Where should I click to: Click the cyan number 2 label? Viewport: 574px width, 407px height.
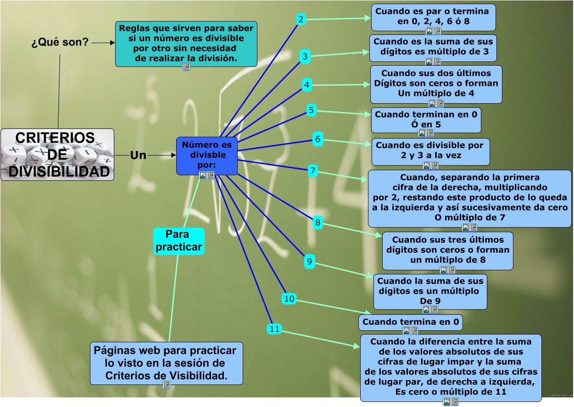[301, 19]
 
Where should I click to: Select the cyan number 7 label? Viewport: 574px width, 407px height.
[312, 171]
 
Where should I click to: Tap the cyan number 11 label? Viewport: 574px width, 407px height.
[274, 329]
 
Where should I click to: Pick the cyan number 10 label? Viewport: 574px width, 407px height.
[289, 299]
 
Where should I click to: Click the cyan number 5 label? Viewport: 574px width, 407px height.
[312, 110]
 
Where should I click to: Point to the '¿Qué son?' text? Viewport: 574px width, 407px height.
[60, 43]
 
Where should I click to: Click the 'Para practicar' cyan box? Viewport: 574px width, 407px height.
[178, 241]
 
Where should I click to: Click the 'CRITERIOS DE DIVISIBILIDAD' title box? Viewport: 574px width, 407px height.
[57, 155]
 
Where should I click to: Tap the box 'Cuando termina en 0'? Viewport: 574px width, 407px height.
[410, 322]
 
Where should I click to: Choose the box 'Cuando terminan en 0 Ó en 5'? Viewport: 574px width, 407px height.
[426, 119]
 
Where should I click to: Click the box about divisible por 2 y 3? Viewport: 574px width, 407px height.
[430, 151]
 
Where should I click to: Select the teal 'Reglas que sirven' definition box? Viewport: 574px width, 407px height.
[186, 43]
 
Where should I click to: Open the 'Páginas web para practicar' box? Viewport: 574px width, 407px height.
[166, 363]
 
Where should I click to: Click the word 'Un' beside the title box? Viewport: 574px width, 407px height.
[138, 156]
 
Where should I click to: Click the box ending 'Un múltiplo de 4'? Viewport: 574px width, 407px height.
[436, 84]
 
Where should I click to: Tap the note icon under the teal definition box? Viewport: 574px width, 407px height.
[186, 67]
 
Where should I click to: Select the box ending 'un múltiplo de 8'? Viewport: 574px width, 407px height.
[447, 250]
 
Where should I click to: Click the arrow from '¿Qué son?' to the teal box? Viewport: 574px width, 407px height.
[103, 43]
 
